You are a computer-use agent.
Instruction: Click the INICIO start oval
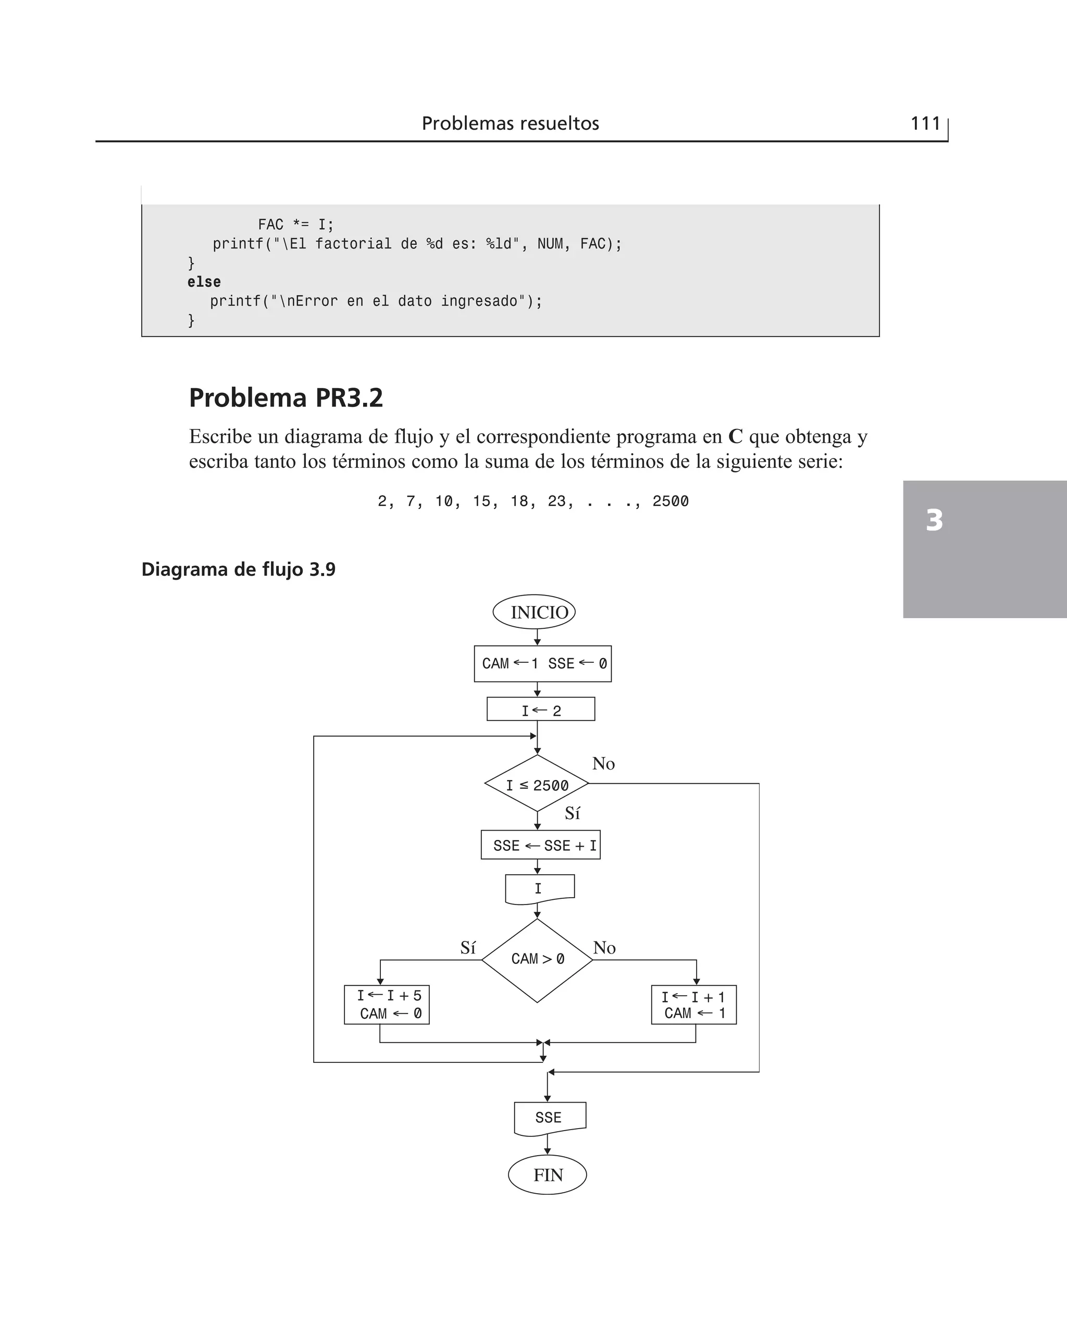pos(534,612)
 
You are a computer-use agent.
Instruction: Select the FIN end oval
pos(547,1174)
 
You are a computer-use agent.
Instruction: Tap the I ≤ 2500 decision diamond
pos(537,784)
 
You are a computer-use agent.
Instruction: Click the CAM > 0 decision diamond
pos(537,959)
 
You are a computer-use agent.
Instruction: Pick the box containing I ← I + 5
pos(387,1004)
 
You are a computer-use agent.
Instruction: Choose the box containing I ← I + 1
pos(693,1004)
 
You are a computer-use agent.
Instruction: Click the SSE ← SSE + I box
pos(540,845)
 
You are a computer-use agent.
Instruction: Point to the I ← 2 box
pos(540,709)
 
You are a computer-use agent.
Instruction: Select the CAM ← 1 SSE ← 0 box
pos(543,664)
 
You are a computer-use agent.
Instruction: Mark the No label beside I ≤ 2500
pos(603,763)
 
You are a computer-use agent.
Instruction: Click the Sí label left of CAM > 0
pos(468,948)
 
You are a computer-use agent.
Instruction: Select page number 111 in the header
pos(925,123)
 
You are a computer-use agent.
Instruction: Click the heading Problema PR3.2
pos(286,398)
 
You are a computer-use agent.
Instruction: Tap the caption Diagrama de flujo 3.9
pos(239,569)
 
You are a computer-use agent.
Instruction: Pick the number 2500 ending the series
pos(670,501)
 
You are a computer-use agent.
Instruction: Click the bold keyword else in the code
pos(204,282)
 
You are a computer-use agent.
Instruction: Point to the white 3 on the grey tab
pos(934,520)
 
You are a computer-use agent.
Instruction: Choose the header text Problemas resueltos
pos(510,123)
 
